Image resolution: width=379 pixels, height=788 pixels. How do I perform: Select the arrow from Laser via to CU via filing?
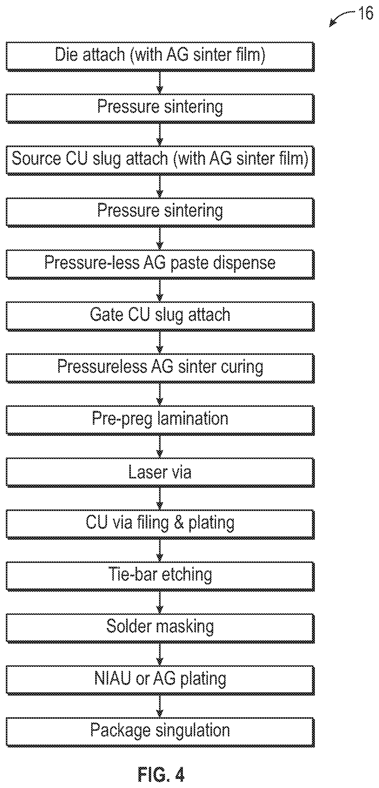160,499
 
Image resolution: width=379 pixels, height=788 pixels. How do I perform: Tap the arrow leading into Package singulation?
160,707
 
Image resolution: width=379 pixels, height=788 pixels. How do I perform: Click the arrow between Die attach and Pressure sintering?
160,82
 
